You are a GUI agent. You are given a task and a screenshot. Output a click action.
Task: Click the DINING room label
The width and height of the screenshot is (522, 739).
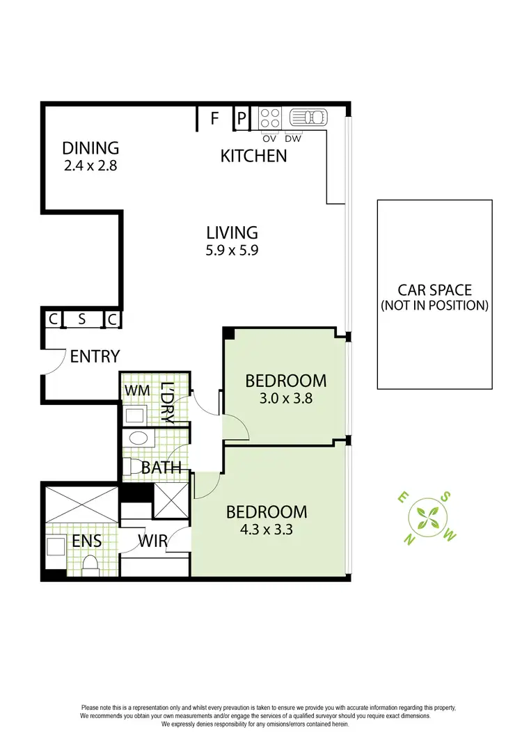90,148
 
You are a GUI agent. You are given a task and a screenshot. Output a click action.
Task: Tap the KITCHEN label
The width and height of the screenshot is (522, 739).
253,155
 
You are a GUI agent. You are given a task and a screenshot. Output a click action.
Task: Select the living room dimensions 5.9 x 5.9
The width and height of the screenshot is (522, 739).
232,252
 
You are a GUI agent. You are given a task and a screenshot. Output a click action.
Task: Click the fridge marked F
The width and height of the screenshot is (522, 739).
215,118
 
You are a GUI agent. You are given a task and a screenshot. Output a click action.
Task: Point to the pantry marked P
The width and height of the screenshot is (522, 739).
242,118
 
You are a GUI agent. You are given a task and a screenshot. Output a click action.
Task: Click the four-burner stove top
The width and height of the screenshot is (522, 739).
270,117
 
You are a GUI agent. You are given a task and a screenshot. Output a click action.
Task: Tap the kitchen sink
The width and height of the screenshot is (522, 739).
307,117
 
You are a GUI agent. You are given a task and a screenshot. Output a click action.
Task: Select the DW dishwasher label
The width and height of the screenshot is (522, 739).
293,138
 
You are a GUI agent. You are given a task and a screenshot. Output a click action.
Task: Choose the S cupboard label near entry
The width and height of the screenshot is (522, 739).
81,319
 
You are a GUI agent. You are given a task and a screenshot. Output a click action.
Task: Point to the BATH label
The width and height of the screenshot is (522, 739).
161,467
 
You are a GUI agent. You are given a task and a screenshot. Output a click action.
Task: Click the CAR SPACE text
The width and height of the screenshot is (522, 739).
434,289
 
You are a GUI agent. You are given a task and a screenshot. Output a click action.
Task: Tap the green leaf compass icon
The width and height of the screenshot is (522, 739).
426,516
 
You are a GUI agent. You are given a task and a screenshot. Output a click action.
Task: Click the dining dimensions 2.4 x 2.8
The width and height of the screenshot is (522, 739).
90,166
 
